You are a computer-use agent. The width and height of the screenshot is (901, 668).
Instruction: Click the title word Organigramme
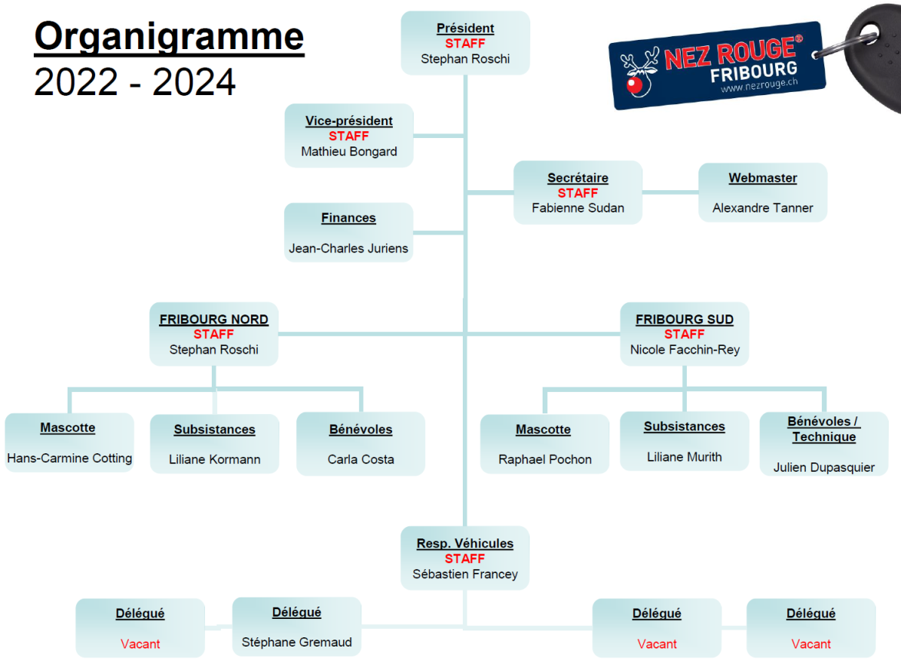[x=169, y=37]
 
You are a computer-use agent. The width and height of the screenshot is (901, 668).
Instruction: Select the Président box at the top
[x=465, y=43]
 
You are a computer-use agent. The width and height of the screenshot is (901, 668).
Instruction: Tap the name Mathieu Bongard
[x=348, y=152]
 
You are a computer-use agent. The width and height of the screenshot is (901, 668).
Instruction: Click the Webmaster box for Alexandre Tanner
[x=763, y=193]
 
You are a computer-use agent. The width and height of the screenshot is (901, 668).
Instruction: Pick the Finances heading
[x=348, y=219]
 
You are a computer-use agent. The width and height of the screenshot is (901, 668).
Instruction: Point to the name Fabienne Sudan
[x=577, y=208]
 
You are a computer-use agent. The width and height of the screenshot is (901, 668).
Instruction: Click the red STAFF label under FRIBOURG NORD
[x=214, y=334]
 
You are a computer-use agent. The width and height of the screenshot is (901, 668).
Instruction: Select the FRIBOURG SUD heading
[x=685, y=319]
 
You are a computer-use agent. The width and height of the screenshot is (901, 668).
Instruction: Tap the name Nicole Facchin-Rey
[x=685, y=350]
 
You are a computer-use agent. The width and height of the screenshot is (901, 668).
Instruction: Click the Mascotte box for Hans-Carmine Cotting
[x=69, y=443]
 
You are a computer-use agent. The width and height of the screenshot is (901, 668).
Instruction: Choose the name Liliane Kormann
[x=214, y=459]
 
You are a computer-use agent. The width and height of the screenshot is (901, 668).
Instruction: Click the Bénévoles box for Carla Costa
[x=360, y=443]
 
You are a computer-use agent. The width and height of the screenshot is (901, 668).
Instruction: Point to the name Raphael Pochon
[x=545, y=459]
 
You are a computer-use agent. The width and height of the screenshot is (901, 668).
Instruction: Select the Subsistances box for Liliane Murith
[x=685, y=441]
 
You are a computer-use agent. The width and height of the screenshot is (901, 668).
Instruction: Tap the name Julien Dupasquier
[x=823, y=468]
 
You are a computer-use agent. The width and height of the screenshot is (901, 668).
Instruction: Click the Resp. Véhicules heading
[x=465, y=543]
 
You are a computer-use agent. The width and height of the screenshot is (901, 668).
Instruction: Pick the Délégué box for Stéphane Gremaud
[x=296, y=627]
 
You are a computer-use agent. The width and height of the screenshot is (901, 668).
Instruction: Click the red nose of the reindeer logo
[x=635, y=86]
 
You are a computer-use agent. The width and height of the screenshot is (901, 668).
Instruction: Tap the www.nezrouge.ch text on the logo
[x=759, y=85]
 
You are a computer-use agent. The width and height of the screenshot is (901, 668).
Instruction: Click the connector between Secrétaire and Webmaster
[x=670, y=193]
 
